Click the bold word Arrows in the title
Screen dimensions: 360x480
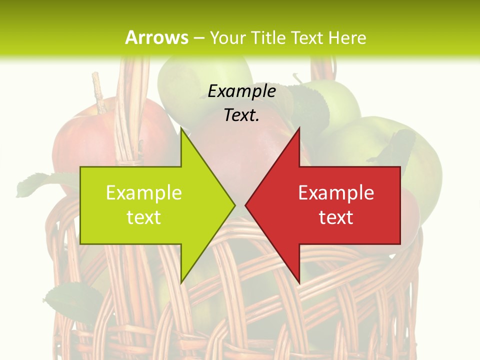coord(156,37)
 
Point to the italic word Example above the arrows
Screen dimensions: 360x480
coord(242,91)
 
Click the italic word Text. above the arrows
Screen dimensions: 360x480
coord(242,115)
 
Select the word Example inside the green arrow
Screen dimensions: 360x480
coord(144,192)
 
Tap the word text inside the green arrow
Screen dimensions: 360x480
coord(144,217)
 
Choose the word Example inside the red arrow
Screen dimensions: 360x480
coord(336,192)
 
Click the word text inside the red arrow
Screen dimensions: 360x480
coord(336,217)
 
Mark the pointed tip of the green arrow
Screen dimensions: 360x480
coord(234,205)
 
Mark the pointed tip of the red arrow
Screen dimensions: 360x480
coord(246,205)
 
